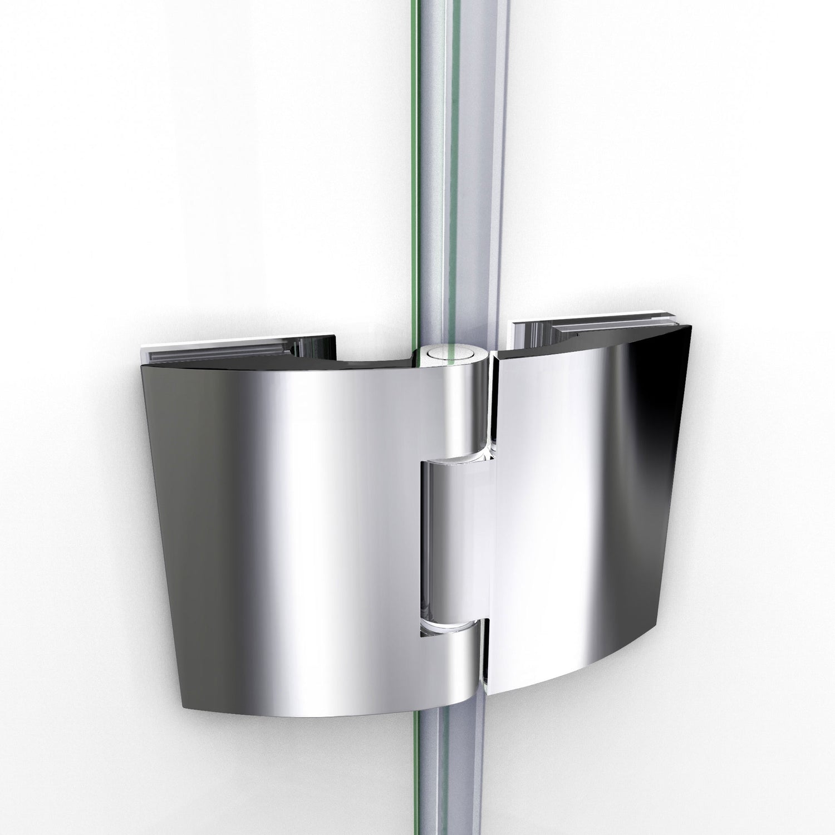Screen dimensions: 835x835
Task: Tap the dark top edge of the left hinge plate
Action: click(x=278, y=367)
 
